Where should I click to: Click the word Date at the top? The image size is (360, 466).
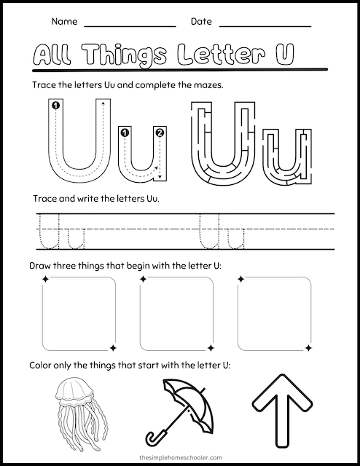tap(201, 22)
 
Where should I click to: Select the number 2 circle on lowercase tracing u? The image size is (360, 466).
tap(160, 132)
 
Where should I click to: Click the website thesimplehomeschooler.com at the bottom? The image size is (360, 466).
tap(180, 457)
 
